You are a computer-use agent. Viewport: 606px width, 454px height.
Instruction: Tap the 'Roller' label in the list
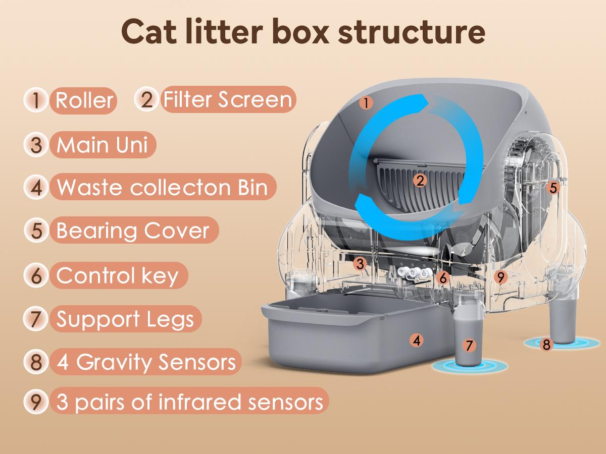click(84, 100)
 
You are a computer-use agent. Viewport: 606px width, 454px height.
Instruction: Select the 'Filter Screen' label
click(227, 99)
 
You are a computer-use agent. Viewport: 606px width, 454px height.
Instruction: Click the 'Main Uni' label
click(102, 144)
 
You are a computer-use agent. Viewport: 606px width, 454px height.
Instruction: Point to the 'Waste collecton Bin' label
click(162, 187)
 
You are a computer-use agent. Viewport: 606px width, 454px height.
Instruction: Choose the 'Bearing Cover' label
click(132, 231)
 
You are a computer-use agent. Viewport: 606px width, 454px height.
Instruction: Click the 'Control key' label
click(117, 275)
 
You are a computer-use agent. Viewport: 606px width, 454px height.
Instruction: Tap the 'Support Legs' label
click(125, 319)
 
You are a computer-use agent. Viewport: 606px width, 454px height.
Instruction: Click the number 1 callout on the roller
click(366, 103)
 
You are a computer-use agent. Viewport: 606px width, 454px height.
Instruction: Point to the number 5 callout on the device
click(553, 188)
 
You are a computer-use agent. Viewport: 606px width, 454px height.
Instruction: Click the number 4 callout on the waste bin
click(416, 340)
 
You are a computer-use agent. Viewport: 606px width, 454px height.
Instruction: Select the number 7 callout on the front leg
click(470, 346)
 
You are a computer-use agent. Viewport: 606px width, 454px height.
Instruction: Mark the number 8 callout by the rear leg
click(546, 345)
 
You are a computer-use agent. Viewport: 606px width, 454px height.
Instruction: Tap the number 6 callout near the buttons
click(443, 277)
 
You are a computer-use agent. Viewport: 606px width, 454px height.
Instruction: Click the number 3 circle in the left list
click(36, 144)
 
